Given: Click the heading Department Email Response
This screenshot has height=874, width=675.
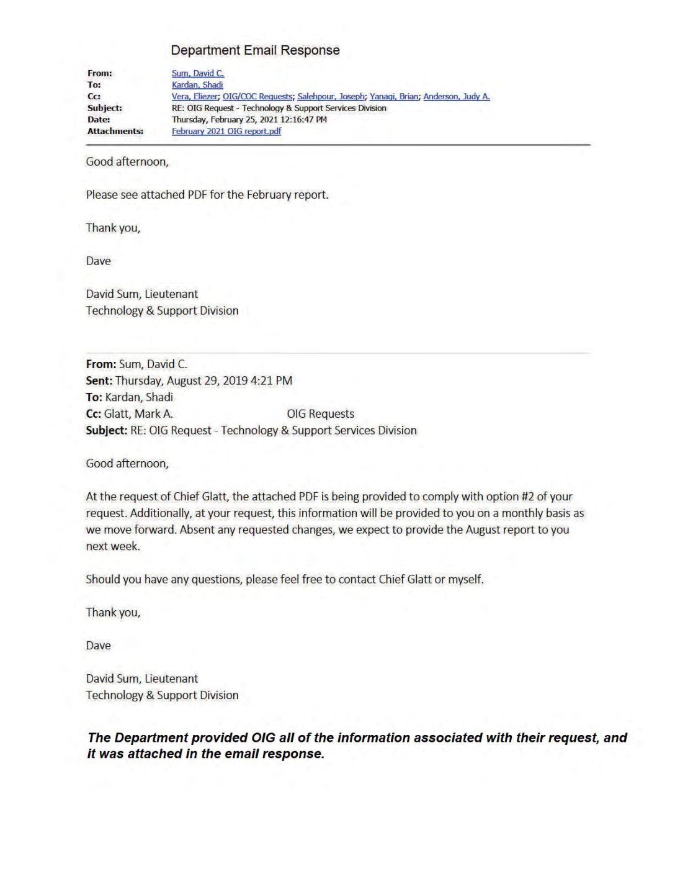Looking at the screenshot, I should click(x=255, y=50).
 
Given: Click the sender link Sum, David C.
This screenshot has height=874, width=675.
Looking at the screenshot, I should click(x=197, y=73).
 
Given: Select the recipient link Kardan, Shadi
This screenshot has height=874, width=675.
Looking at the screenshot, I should click(x=197, y=85).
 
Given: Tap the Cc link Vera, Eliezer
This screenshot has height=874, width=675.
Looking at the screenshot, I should click(x=194, y=96).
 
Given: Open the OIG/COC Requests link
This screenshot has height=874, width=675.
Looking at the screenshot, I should click(x=257, y=96).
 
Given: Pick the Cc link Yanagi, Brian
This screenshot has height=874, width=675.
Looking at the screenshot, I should click(x=394, y=96).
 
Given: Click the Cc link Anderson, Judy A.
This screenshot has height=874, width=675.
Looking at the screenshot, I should click(x=456, y=96).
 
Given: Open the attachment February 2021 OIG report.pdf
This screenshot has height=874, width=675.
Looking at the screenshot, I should click(x=226, y=131).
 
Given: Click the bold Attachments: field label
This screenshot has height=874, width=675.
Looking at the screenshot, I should click(x=115, y=131).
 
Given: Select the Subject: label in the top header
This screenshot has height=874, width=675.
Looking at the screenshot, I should click(x=104, y=108).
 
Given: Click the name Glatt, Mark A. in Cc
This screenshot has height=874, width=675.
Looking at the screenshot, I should click(x=138, y=414).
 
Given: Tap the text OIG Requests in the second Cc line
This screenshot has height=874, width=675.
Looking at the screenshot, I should click(x=320, y=414).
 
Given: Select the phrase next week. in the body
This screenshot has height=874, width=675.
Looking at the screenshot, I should click(x=113, y=546).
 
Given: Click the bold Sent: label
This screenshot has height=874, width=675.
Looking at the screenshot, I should click(x=99, y=381).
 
